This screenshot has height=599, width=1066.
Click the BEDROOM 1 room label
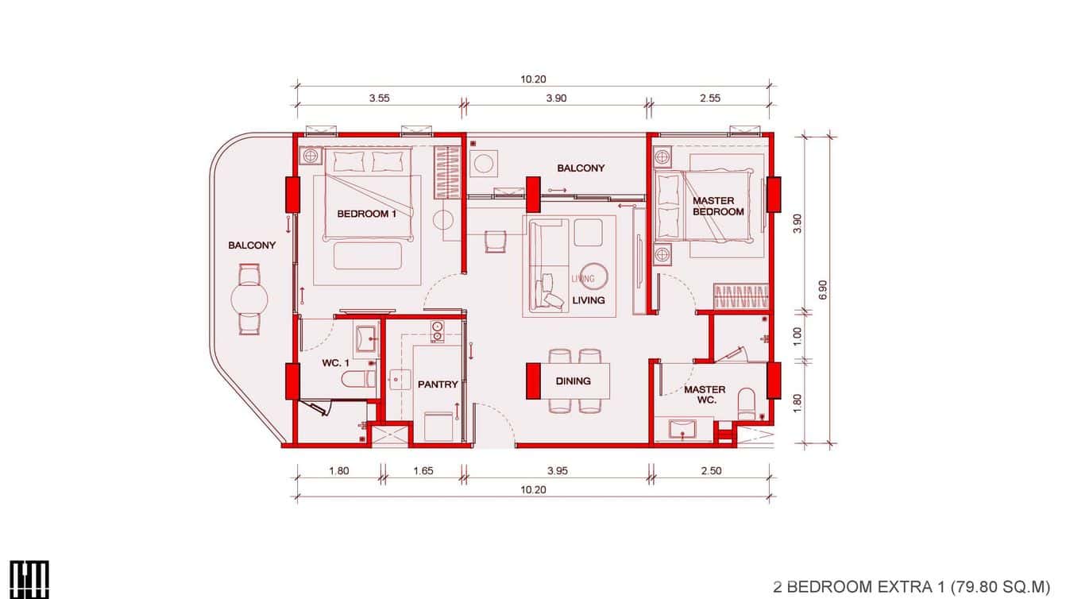(366, 214)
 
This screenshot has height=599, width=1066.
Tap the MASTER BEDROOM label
(718, 207)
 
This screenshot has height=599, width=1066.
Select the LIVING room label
(588, 300)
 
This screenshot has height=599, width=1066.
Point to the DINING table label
(573, 381)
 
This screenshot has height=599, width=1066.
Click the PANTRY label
(438, 385)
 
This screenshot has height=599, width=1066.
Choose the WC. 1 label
(335, 363)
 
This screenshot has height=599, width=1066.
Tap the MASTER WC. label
(705, 395)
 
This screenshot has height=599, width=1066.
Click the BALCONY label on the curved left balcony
(252, 245)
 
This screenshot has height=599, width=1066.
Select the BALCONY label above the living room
(581, 168)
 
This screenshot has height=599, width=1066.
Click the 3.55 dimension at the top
(380, 99)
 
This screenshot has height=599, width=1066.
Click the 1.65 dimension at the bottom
(423, 471)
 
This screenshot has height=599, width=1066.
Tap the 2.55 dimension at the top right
(710, 99)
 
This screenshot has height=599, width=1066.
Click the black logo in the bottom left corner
(30, 578)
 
